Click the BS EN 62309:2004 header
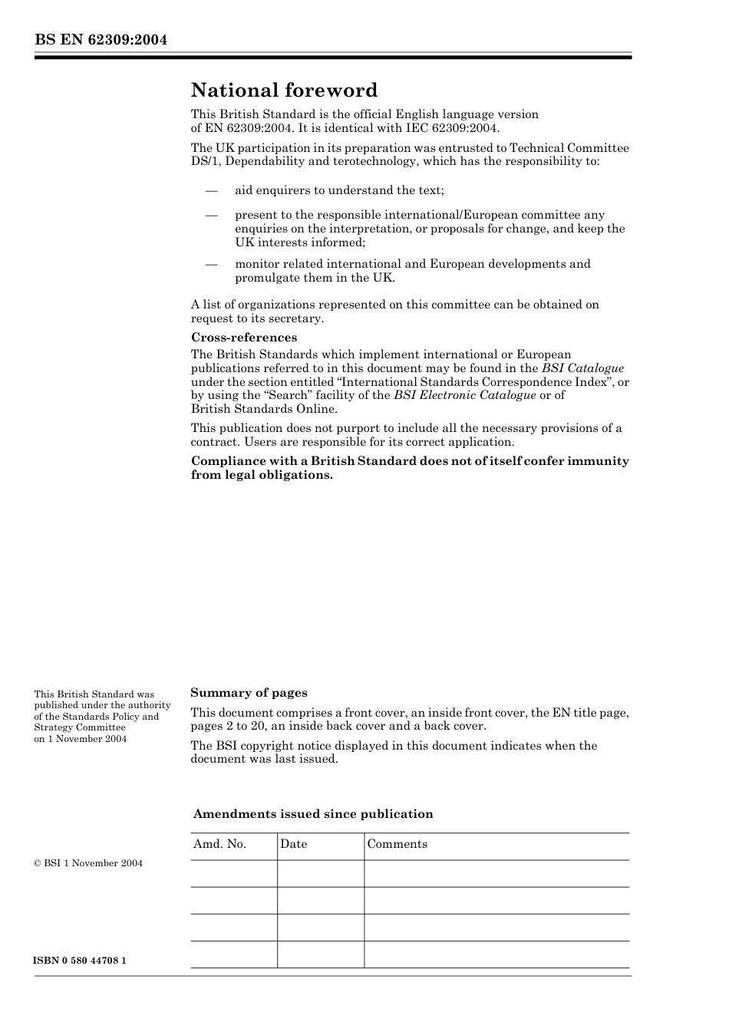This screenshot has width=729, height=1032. (x=101, y=40)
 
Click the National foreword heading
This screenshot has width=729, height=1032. (x=284, y=91)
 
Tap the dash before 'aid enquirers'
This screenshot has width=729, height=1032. (x=211, y=190)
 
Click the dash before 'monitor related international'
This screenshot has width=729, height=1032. (x=211, y=264)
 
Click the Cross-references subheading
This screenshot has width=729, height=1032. (x=244, y=338)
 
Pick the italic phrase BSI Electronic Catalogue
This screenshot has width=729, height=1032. (x=464, y=395)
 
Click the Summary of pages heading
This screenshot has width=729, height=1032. (x=249, y=693)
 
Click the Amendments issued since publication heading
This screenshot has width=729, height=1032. (x=313, y=814)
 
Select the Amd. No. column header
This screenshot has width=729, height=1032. (x=219, y=844)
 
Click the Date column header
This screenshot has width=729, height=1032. (x=293, y=844)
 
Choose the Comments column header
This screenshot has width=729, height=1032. (x=397, y=844)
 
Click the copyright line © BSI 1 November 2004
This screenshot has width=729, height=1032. (x=88, y=863)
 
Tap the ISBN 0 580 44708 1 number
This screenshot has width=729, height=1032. (x=80, y=961)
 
